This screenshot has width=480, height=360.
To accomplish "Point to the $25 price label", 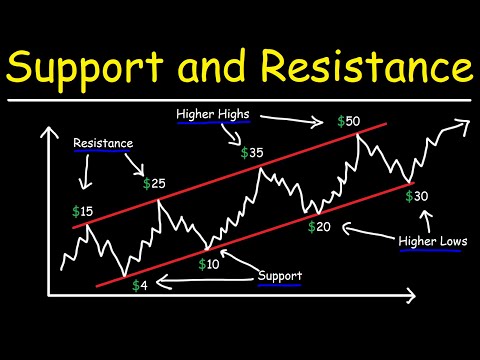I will (153, 183).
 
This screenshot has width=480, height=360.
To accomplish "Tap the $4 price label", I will (141, 285).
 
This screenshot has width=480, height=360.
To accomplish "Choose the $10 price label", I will (208, 264).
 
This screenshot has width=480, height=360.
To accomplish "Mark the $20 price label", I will (318, 227).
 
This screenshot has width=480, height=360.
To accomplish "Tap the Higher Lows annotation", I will (431, 242).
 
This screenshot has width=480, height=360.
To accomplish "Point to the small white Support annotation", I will (279, 275).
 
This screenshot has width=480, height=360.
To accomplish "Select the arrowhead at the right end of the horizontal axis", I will (410, 296).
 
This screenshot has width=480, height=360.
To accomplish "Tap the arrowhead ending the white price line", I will (463, 124).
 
